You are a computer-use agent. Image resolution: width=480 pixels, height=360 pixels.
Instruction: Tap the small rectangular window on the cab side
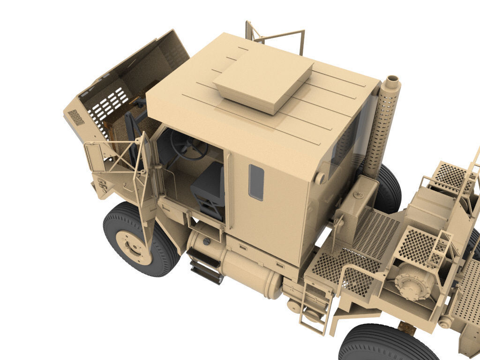point(256,182)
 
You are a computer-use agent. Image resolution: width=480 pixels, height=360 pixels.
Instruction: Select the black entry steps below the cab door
point(205,267)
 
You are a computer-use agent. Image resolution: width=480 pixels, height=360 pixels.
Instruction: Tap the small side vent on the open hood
point(76,117)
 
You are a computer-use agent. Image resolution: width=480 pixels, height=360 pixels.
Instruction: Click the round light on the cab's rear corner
point(320,178)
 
